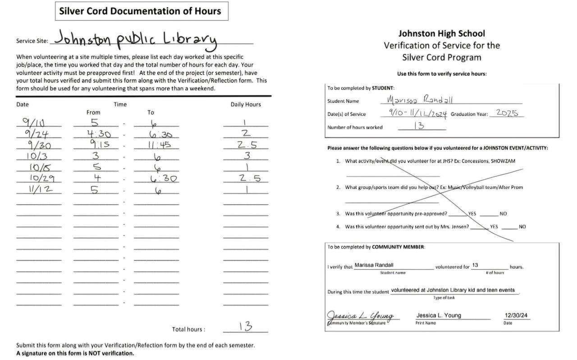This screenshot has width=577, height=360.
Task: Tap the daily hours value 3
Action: point(246,156)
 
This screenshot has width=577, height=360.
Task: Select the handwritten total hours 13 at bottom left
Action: point(245,327)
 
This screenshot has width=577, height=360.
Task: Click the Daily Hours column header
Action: point(246,104)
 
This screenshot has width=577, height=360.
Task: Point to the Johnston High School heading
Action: point(441,33)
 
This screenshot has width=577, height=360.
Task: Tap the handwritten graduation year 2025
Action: point(507,113)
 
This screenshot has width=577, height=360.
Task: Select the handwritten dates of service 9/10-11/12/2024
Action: point(417,114)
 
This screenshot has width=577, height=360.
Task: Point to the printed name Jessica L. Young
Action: point(439,315)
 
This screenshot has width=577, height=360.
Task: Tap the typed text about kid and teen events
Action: point(453,290)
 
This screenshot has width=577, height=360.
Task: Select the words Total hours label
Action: point(188,329)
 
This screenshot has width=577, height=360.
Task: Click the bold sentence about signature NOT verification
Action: point(75,353)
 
